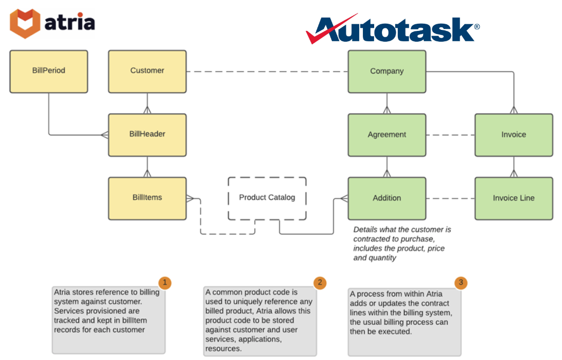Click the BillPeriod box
click(49, 71)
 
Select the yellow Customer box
click(147, 71)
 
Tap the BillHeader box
click(147, 134)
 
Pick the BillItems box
click(147, 198)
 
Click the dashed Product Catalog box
click(267, 198)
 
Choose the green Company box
click(387, 72)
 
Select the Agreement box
click(387, 135)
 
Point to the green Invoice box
click(513, 135)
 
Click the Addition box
click(387, 198)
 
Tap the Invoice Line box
click(513, 198)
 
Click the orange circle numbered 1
click(164, 283)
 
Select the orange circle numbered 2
click(320, 283)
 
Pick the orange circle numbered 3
click(461, 283)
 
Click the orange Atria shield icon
click(25, 23)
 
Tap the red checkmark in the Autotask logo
click(329, 30)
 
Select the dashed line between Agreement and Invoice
click(450, 135)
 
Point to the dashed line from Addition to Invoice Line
click(450, 198)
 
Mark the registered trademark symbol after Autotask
click(477, 26)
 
